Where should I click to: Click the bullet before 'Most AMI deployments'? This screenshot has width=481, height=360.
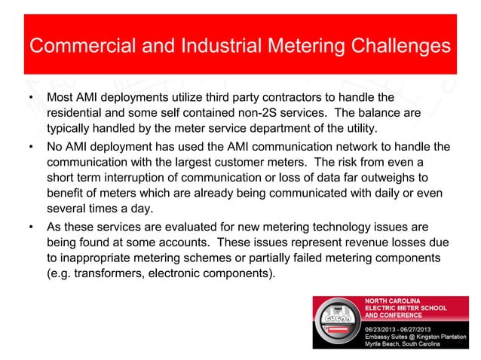coord(29,99)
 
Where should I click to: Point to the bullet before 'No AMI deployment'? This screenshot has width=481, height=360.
coord(29,147)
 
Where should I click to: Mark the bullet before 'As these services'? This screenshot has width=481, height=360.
coord(29,227)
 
